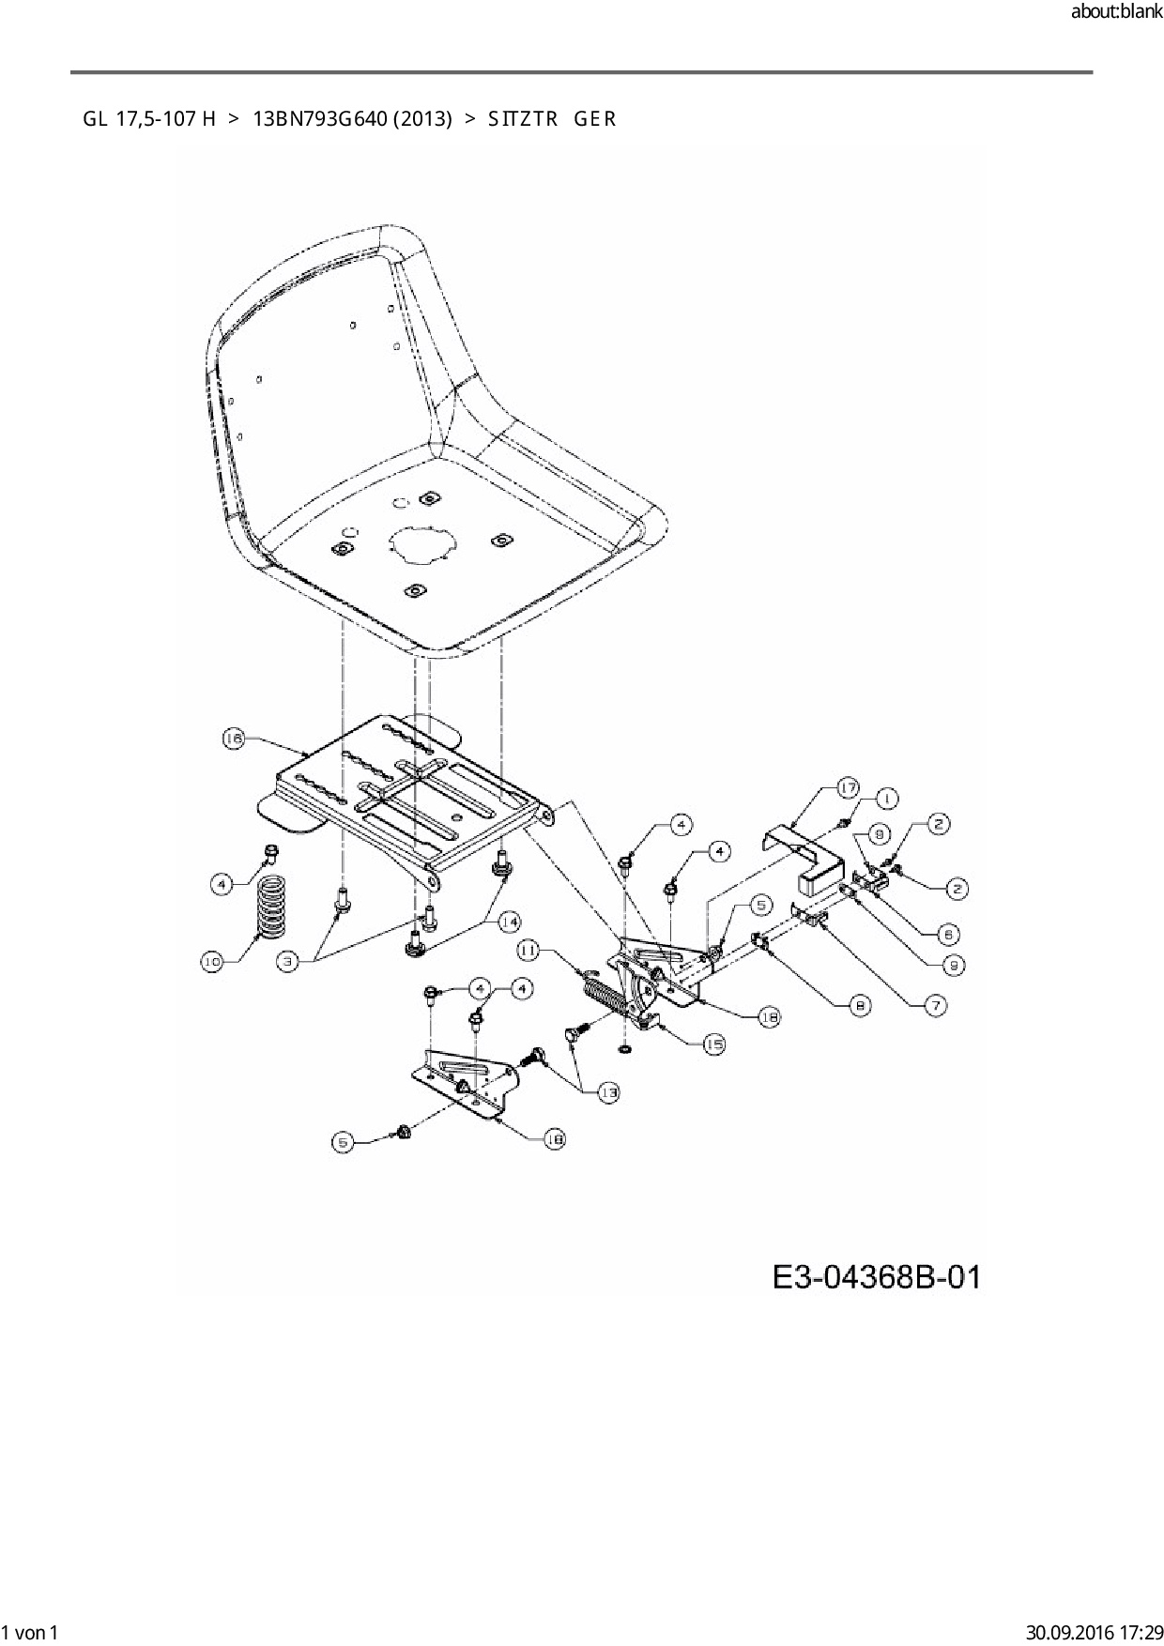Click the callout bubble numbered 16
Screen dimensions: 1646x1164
click(x=234, y=739)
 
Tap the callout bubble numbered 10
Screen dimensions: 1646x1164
click(x=214, y=961)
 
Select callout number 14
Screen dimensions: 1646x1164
click(x=510, y=922)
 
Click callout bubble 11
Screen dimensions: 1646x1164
click(x=528, y=952)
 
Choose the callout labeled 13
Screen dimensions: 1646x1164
click(x=610, y=1091)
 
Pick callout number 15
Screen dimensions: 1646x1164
click(x=714, y=1044)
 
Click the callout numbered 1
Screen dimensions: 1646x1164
click(x=886, y=799)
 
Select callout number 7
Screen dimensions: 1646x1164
click(x=935, y=1005)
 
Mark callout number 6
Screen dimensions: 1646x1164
click(x=948, y=934)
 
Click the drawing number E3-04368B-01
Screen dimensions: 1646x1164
click(x=876, y=1278)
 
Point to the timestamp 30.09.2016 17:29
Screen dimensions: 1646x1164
click(x=1095, y=1632)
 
